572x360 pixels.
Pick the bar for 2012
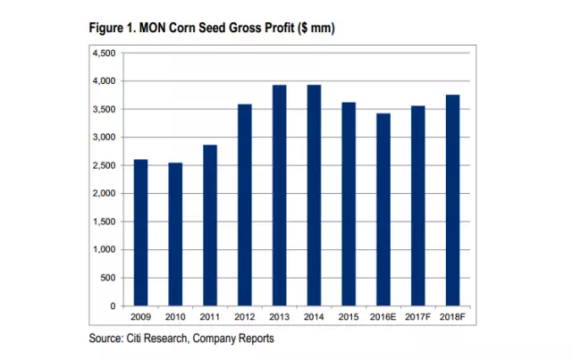click(244, 205)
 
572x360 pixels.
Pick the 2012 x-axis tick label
click(244, 318)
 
